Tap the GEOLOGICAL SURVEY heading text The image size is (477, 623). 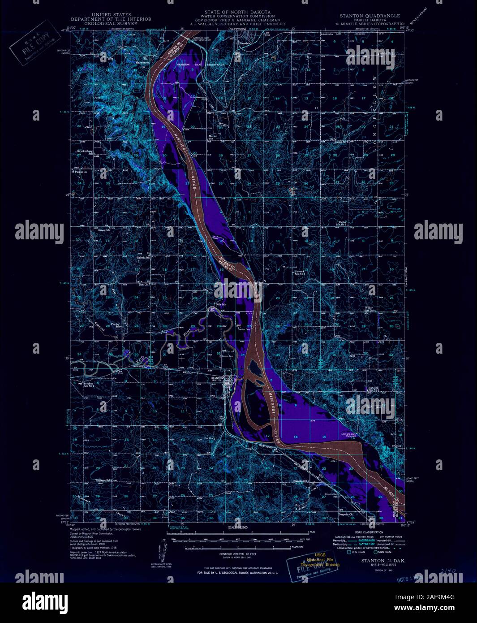[x=111, y=23]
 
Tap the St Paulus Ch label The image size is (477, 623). [x=81, y=171]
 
